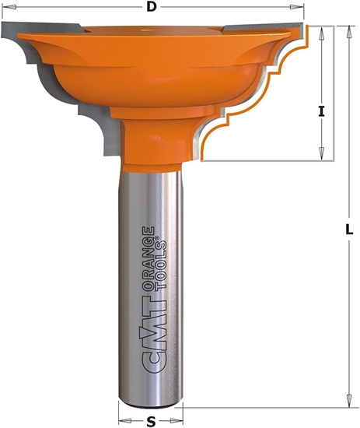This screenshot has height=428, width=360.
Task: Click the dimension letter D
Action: tap(151, 8)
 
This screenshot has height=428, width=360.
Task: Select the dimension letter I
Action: tap(321, 111)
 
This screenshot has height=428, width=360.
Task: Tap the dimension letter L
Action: tap(349, 230)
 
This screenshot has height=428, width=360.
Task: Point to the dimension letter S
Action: tap(151, 421)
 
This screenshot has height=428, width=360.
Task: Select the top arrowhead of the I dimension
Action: tap(321, 32)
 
